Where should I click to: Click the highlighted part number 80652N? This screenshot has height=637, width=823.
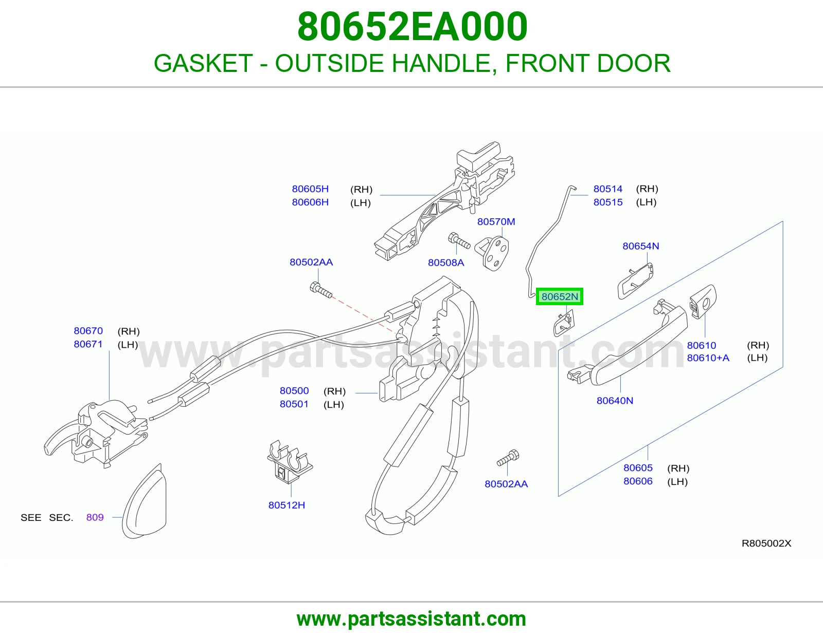pyautogui.click(x=560, y=296)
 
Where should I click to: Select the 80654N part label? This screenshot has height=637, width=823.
pyautogui.click(x=641, y=246)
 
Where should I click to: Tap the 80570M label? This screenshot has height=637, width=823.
pyautogui.click(x=496, y=221)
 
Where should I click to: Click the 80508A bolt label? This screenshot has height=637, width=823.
pyautogui.click(x=446, y=263)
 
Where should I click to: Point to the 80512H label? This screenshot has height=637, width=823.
pyautogui.click(x=287, y=505)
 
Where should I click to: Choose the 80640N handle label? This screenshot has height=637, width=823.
pyautogui.click(x=615, y=401)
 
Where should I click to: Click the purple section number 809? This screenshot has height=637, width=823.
pyautogui.click(x=95, y=517)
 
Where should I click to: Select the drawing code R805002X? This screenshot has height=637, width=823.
pyautogui.click(x=766, y=543)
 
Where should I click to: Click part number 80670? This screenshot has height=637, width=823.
pyautogui.click(x=88, y=331)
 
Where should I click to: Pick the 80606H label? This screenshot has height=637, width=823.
pyautogui.click(x=310, y=202)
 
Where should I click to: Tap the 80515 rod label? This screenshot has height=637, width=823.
pyautogui.click(x=608, y=202)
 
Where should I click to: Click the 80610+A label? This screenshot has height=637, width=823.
pyautogui.click(x=708, y=358)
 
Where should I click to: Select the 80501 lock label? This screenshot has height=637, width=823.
pyautogui.click(x=294, y=404)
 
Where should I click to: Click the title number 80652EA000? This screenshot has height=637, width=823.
pyautogui.click(x=412, y=27)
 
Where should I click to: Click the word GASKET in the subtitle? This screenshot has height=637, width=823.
pyautogui.click(x=203, y=63)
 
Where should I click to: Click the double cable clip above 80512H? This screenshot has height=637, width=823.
pyautogui.click(x=290, y=462)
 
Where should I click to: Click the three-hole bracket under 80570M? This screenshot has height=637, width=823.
pyautogui.click(x=492, y=253)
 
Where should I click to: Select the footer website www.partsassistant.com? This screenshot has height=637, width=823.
pyautogui.click(x=411, y=619)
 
